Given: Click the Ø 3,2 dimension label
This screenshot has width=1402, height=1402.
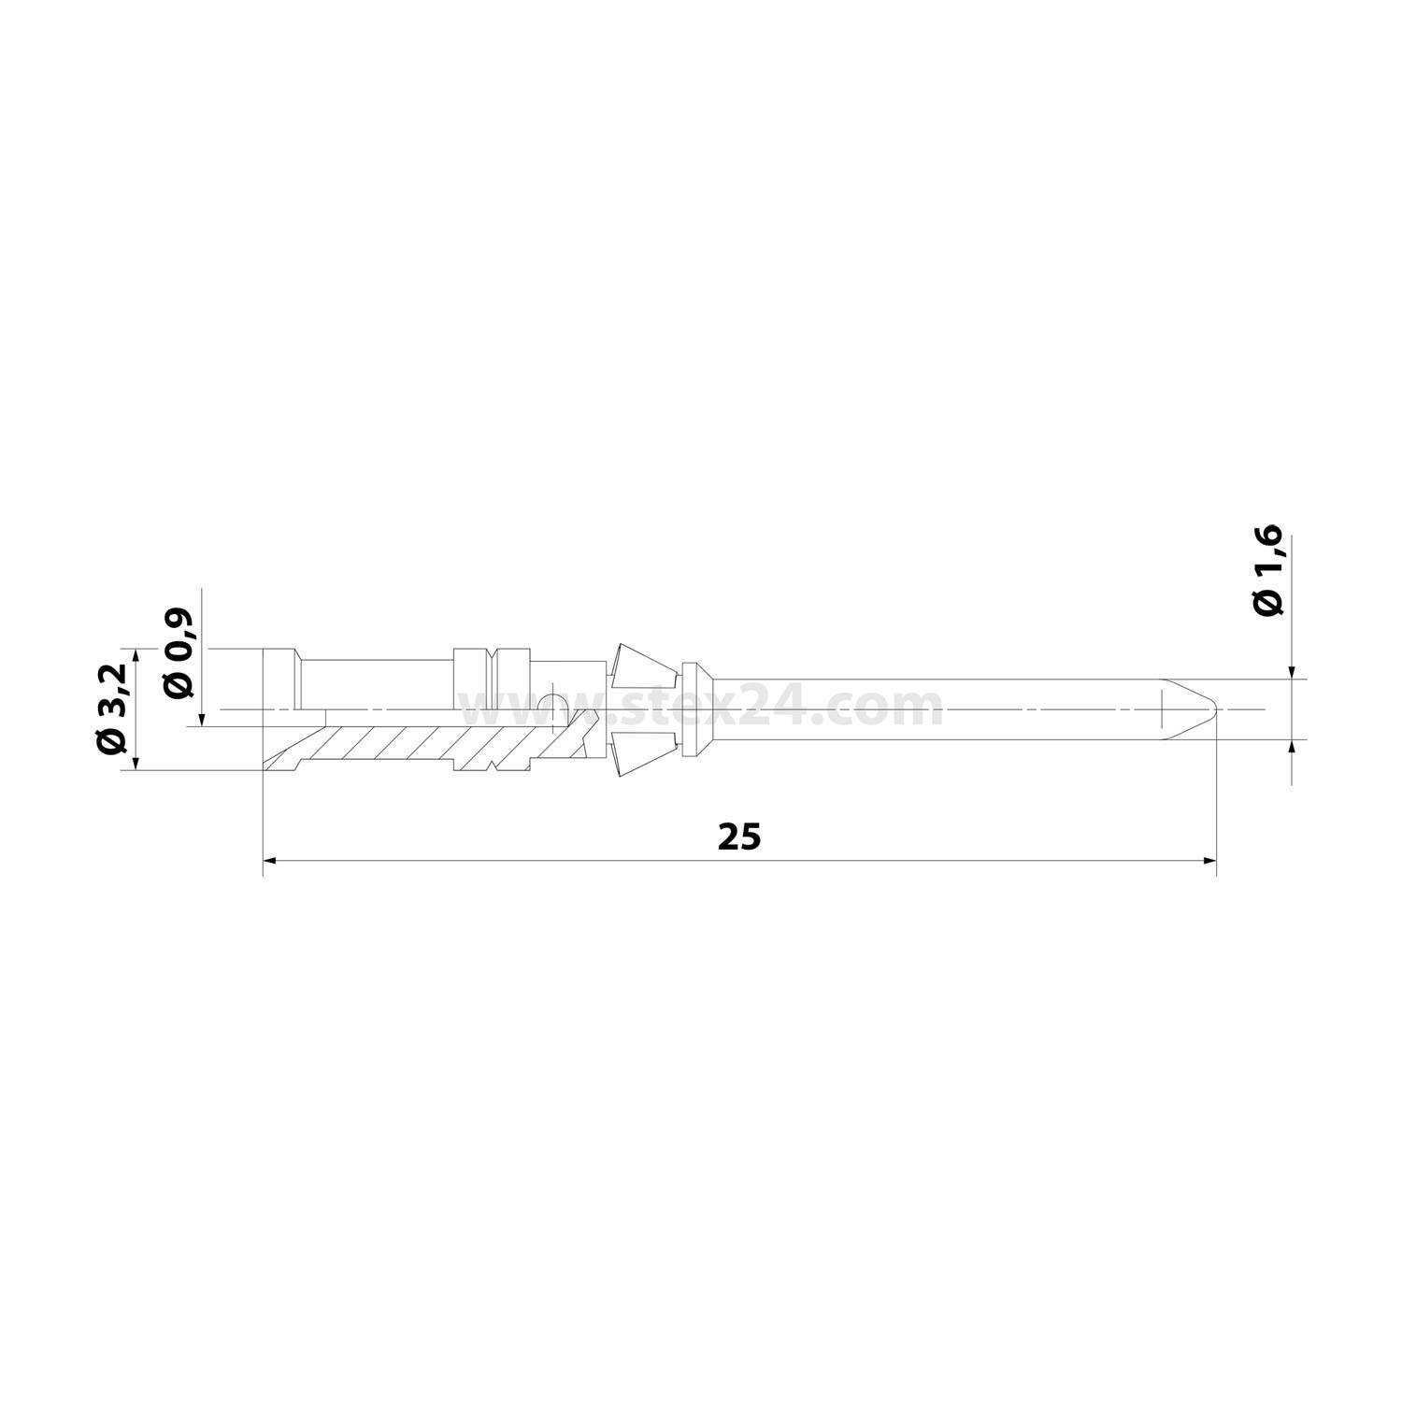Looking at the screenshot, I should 111,708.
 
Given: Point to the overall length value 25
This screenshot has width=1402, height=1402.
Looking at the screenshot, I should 739,837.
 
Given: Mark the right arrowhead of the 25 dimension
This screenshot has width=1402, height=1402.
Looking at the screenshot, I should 1210,860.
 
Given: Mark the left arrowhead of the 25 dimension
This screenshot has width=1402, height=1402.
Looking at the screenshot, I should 270,860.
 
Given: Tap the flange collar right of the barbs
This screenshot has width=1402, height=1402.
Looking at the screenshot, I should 693,709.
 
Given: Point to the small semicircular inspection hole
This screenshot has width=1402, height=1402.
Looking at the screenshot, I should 554,703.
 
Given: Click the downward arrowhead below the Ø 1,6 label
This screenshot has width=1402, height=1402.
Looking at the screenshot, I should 1291,672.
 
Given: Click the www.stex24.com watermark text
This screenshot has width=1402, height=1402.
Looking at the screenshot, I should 701,708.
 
